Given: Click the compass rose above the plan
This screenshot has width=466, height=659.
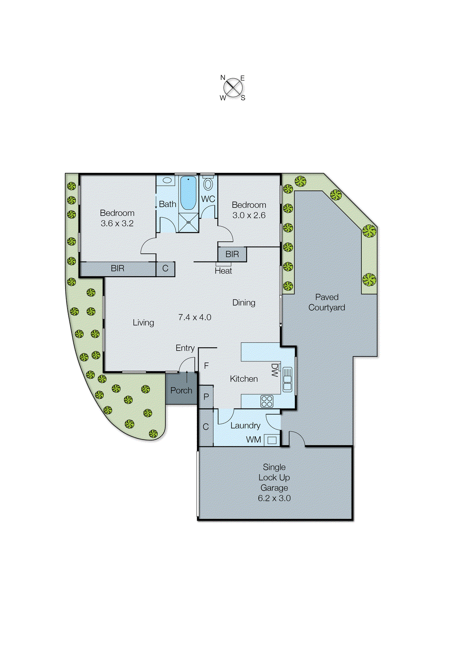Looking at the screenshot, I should pyautogui.click(x=233, y=87).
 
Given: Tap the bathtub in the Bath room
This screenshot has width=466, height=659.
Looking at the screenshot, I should pyautogui.click(x=188, y=192).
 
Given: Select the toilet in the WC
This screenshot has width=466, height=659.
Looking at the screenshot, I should pyautogui.click(x=208, y=184).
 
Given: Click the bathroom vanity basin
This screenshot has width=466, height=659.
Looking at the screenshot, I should pyautogui.click(x=167, y=180).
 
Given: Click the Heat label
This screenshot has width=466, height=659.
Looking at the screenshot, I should pyautogui.click(x=223, y=271).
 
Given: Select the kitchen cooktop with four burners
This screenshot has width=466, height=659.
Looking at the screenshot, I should pyautogui.click(x=267, y=401).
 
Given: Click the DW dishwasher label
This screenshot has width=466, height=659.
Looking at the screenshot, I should pyautogui.click(x=275, y=370).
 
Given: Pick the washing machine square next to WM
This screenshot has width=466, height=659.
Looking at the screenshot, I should pyautogui.click(x=271, y=440).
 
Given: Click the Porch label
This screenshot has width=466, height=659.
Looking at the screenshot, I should pyautogui.click(x=181, y=390).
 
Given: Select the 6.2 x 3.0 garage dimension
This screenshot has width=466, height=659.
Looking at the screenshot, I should pyautogui.click(x=274, y=498).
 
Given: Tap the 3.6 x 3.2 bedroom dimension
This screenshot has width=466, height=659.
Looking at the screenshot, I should pyautogui.click(x=117, y=223).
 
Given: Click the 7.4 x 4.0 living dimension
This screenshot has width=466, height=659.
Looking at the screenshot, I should pyautogui.click(x=195, y=317).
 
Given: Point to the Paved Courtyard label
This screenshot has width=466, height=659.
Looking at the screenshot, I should pyautogui.click(x=327, y=302).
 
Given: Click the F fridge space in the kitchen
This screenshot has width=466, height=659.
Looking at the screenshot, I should pyautogui.click(x=206, y=366).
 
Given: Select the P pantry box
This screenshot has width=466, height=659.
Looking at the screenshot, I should pyautogui.click(x=206, y=397).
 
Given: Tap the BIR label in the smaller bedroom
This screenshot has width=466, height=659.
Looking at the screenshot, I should pyautogui.click(x=232, y=254).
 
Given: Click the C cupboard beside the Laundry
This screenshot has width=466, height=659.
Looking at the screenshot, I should pyautogui.click(x=206, y=427).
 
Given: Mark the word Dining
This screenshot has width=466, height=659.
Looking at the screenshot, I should pyautogui.click(x=243, y=302).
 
